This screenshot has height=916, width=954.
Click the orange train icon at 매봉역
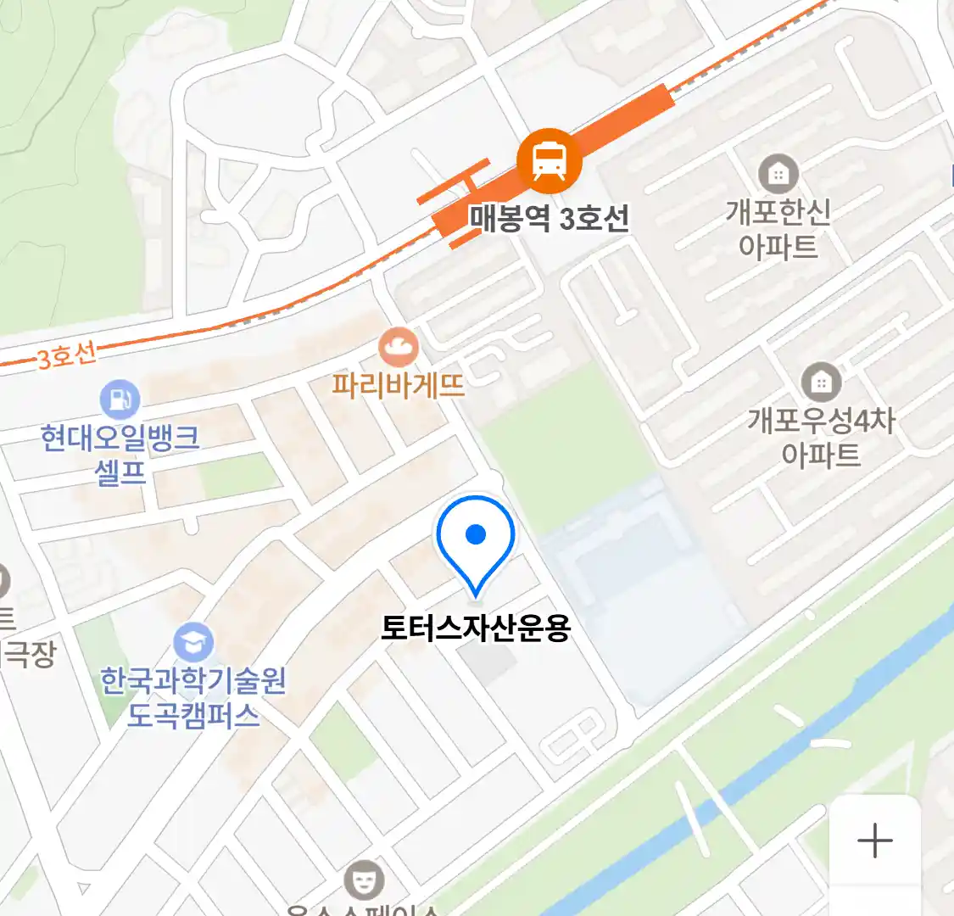pyautogui.click(x=550, y=160)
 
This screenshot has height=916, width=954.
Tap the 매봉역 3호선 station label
pyautogui.click(x=550, y=219)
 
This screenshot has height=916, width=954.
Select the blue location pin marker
pyautogui.click(x=476, y=539)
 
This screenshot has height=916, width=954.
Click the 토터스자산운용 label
pyautogui.click(x=476, y=628)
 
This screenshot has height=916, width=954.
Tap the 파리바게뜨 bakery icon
pyautogui.click(x=398, y=347)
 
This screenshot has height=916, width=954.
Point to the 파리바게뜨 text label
pyautogui.click(x=398, y=386)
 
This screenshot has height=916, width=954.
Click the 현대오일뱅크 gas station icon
pyautogui.click(x=120, y=399)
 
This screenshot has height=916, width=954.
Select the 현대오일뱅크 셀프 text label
pyautogui.click(x=120, y=455)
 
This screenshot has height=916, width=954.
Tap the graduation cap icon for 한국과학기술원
pyautogui.click(x=193, y=643)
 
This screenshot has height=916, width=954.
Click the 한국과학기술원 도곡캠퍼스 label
pyautogui.click(x=193, y=698)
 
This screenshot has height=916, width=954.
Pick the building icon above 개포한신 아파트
pyautogui.click(x=778, y=174)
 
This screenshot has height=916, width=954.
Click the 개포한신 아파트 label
pyautogui.click(x=778, y=229)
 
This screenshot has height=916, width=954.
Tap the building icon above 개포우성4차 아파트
pyautogui.click(x=820, y=383)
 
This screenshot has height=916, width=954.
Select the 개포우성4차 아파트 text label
pyautogui.click(x=820, y=438)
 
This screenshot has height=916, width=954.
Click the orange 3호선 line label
pyautogui.click(x=66, y=355)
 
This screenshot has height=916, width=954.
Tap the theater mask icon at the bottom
pyautogui.click(x=364, y=880)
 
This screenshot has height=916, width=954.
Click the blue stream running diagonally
pyautogui.click(x=763, y=763)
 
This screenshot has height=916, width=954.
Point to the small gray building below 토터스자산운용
pyautogui.click(x=493, y=665)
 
